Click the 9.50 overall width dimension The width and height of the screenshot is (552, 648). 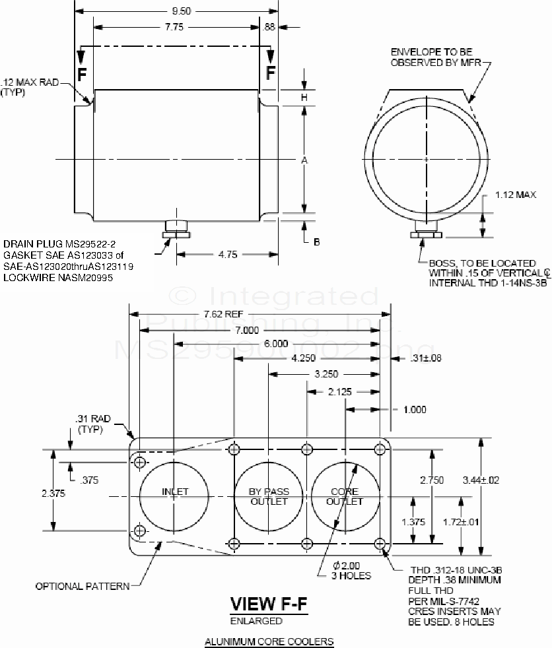coord(176,10)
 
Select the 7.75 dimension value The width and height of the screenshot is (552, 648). coord(176,27)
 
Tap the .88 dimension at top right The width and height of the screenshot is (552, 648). coord(269,27)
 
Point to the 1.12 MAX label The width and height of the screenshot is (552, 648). coord(515,195)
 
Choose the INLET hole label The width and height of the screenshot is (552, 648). coord(175,492)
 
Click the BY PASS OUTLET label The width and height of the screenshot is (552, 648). coord(269,496)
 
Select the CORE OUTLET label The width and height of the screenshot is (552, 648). coord(345,496)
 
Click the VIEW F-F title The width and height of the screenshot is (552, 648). coord(268,604)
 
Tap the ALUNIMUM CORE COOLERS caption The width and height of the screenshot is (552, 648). coord(269,641)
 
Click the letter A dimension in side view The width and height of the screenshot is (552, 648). coord(304,160)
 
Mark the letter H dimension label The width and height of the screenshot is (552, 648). coord(304,97)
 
